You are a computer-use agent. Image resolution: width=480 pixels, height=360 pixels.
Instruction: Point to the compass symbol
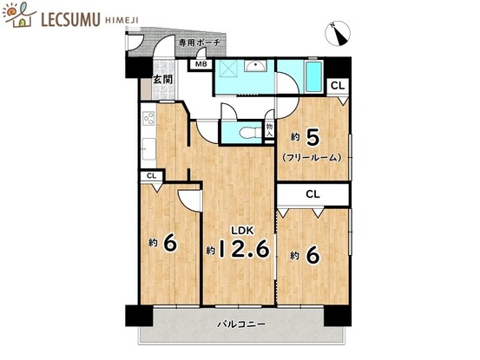click(x=337, y=34)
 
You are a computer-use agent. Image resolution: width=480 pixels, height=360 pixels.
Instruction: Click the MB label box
click(x=201, y=64)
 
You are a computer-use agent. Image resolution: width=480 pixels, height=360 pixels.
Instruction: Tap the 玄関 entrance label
click(x=162, y=81)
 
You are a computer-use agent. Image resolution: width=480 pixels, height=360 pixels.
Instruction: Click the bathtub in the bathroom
click(x=313, y=75)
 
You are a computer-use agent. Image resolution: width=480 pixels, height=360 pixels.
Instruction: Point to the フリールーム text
click(x=312, y=158)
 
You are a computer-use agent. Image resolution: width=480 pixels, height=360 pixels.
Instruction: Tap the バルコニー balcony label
click(x=241, y=324)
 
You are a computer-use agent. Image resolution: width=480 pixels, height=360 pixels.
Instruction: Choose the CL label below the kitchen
click(x=152, y=176)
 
